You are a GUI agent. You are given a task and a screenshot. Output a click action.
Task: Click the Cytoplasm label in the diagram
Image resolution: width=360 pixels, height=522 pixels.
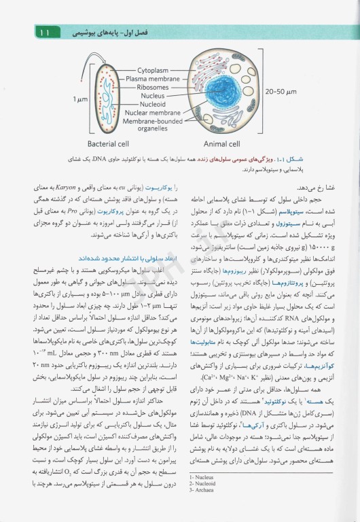156,70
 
